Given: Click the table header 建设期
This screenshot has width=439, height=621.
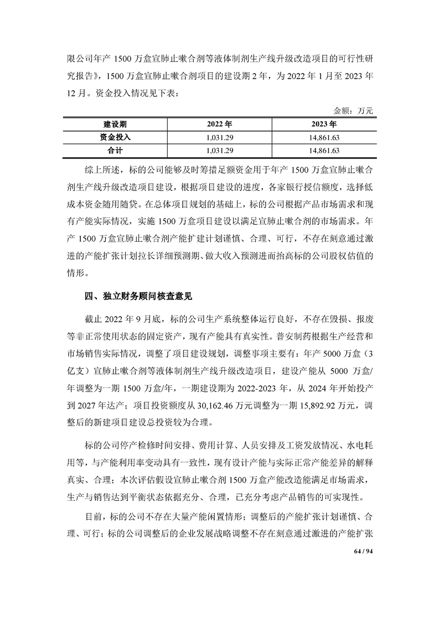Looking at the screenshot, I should pos(116,123).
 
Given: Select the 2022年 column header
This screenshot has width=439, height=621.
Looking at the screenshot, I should pos(220,123).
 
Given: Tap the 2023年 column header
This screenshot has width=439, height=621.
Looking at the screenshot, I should pos(324,123).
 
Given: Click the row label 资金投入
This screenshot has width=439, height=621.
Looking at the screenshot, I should pos(116,137).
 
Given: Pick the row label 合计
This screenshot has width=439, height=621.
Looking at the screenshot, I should pos(116,150).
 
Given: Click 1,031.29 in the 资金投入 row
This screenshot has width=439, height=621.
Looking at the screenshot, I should pos(220,137).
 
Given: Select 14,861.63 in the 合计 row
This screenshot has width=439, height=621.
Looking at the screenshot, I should pos(324,150).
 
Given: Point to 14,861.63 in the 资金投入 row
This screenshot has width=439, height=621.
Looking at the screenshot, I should pos(324,137).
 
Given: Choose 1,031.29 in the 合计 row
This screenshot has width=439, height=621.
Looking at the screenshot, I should pos(220,150).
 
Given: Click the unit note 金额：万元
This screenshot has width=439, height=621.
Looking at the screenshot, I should pos(354,111).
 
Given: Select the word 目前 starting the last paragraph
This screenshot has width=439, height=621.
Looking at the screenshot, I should pos(93,517).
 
